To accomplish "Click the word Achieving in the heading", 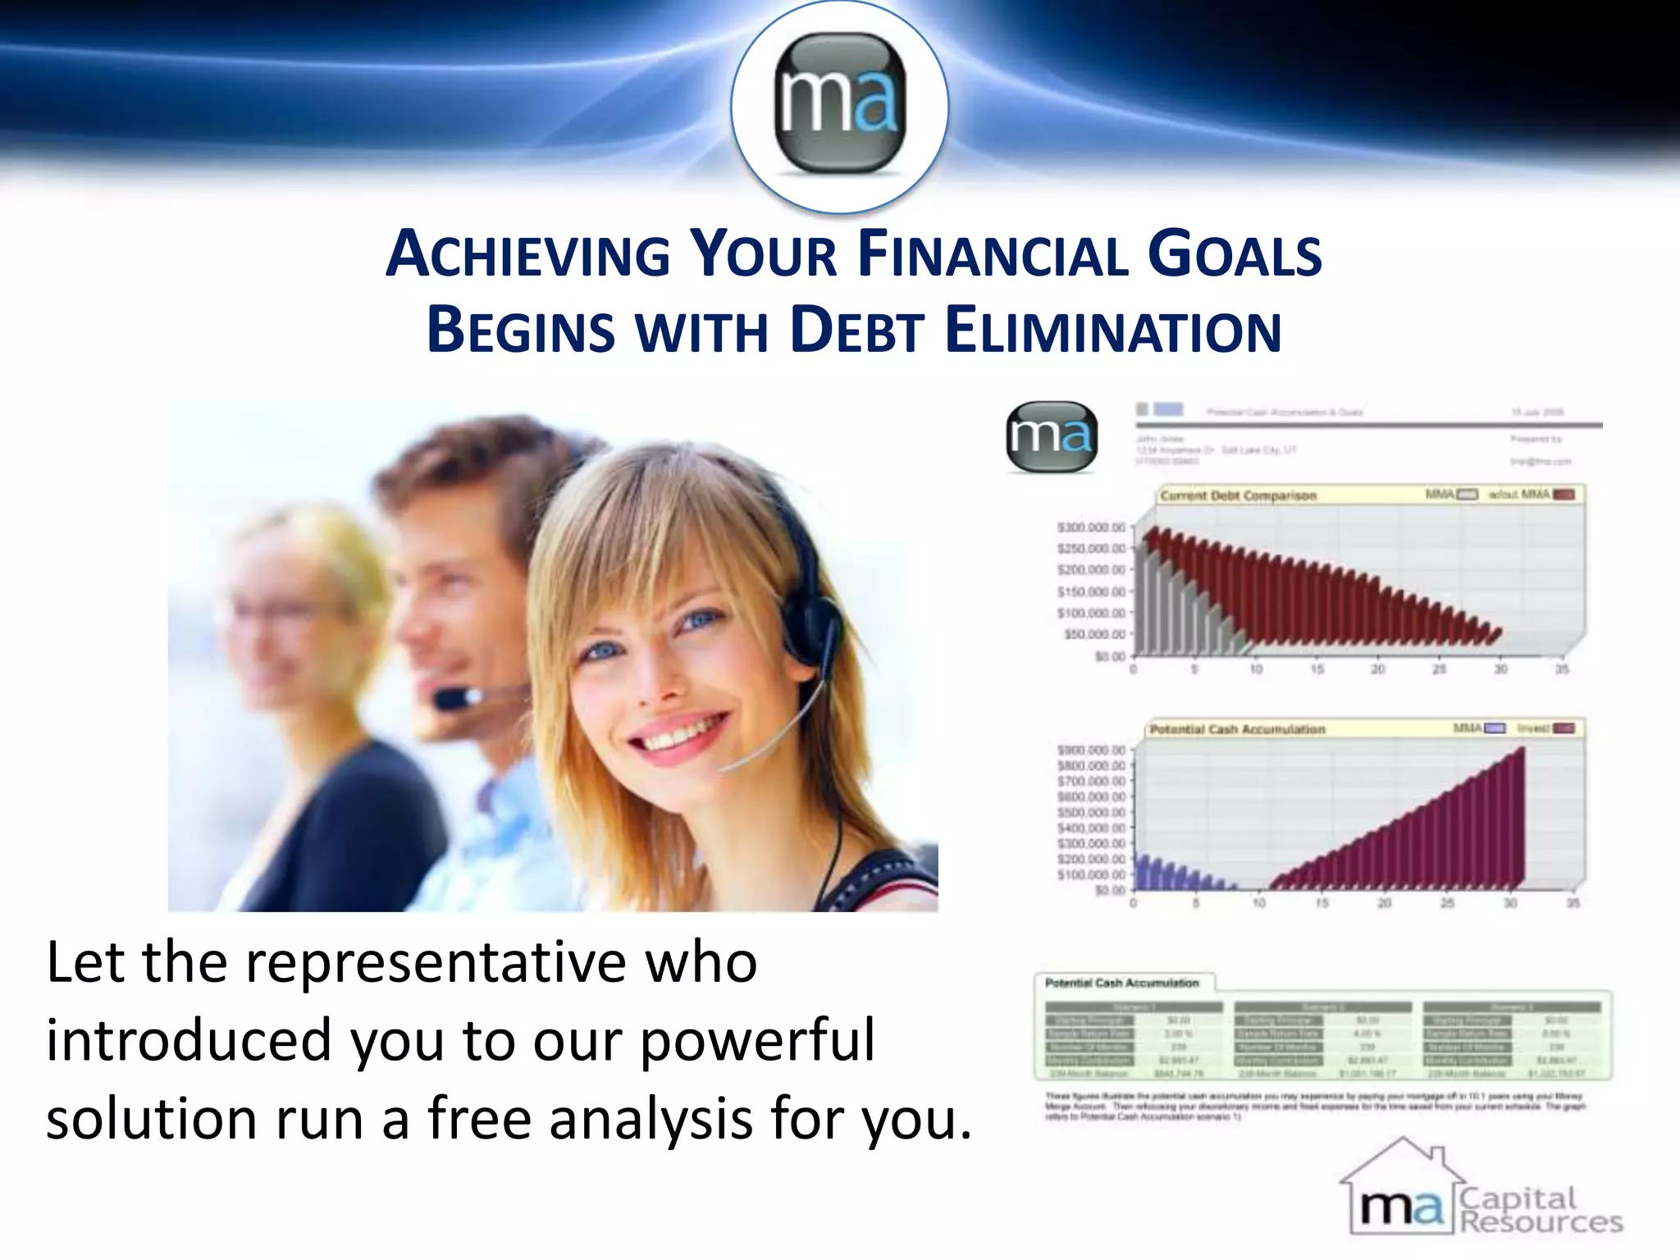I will pyautogui.click(x=527, y=254).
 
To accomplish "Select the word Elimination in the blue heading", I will pyautogui.click(x=1113, y=331).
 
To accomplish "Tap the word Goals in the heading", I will pyautogui.click(x=1234, y=254).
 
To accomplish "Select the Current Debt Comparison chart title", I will pyautogui.click(x=1238, y=495).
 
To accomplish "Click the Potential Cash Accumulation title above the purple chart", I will pyautogui.click(x=1237, y=729).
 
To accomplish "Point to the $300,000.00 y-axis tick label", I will pyautogui.click(x=1090, y=527).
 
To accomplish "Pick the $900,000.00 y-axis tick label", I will pyautogui.click(x=1090, y=750).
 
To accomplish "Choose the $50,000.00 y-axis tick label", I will pyautogui.click(x=1093, y=634).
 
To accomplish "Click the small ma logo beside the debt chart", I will pyautogui.click(x=1051, y=436).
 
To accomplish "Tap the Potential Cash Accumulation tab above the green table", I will pyautogui.click(x=1121, y=983).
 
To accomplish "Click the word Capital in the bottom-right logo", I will pyautogui.click(x=1518, y=1198).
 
